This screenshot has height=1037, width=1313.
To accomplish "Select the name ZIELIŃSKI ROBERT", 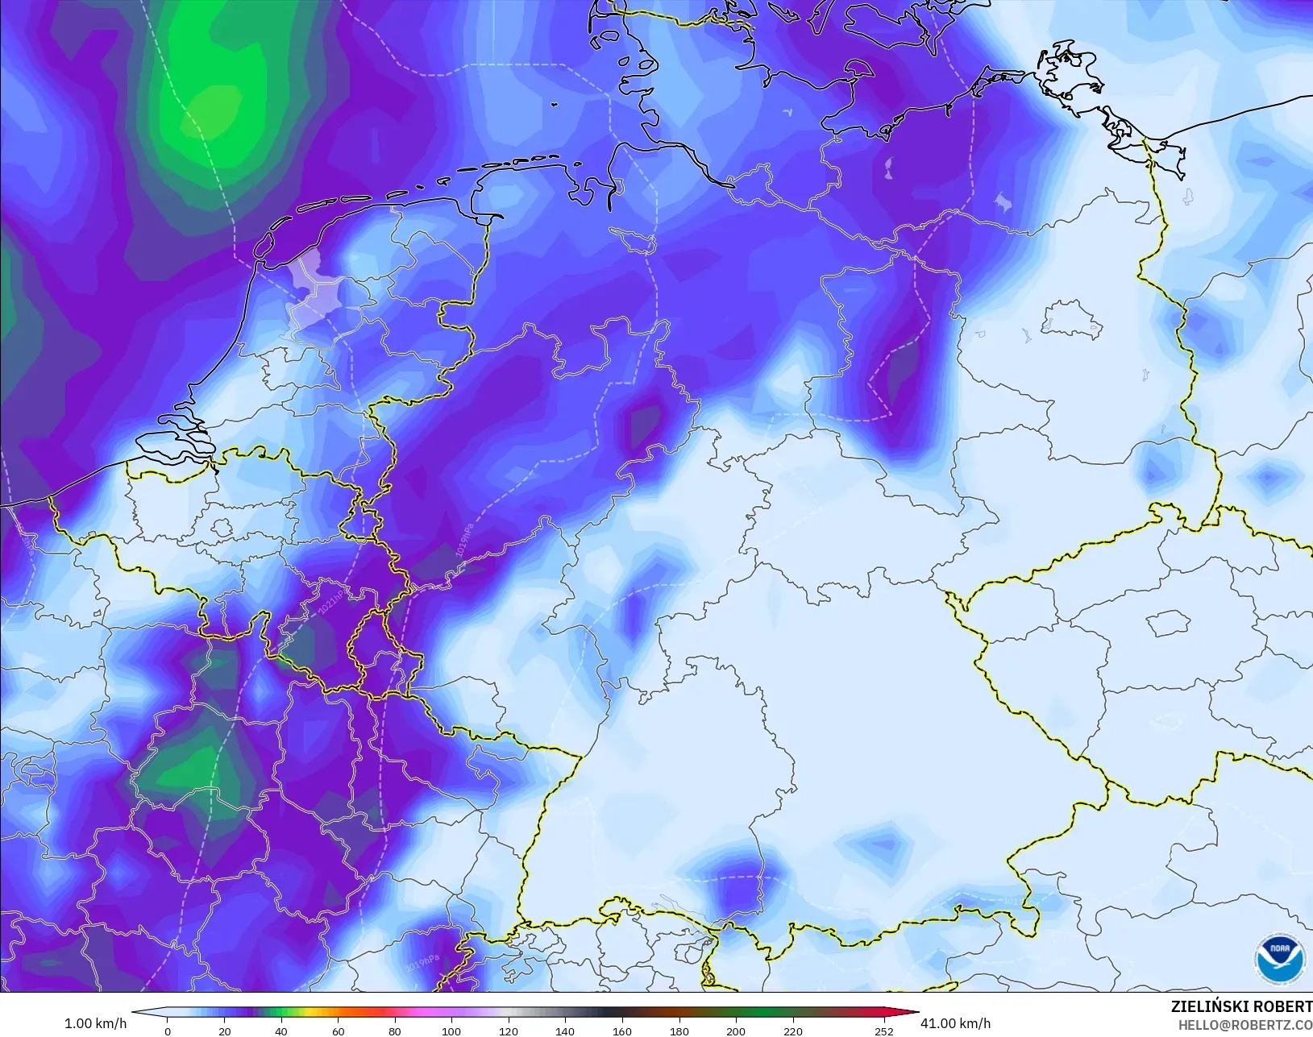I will pos(1241,1007).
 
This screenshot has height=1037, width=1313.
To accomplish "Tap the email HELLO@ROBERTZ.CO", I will pos(1245,1025).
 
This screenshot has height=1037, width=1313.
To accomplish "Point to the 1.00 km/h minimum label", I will pos(95,1023).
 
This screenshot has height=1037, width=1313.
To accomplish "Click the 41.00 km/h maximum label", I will pos(955,1023).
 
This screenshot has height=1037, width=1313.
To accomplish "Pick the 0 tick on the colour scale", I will pos(168,1031).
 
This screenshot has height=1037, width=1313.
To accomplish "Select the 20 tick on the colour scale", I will pos(224,1031).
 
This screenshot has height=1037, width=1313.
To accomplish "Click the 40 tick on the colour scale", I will pos(280,1031).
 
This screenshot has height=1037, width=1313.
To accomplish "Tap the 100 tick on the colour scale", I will pos(451,1031).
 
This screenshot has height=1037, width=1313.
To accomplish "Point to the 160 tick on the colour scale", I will pos(621,1031).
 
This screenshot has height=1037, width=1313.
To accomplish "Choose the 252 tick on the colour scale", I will pos(884,1031).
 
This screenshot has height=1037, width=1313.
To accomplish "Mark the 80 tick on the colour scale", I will pos(394,1031).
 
